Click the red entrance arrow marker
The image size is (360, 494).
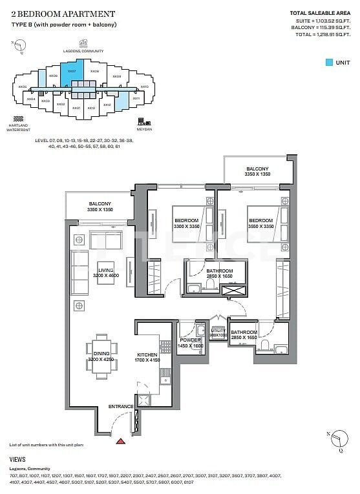click(x=120, y=442)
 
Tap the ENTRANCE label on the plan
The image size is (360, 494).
click(x=121, y=406)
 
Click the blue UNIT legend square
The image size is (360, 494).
click(x=330, y=63)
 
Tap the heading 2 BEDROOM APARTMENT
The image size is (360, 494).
click(x=63, y=13)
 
